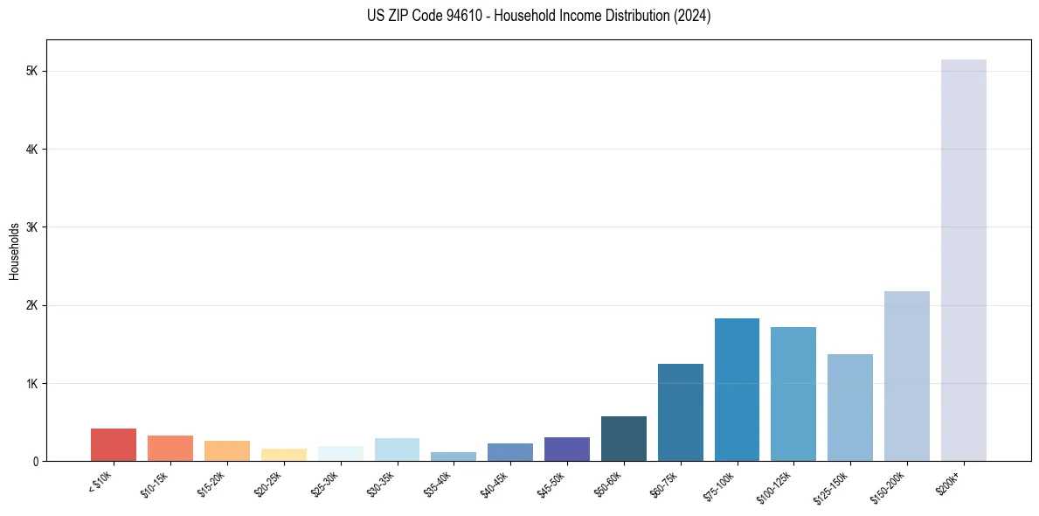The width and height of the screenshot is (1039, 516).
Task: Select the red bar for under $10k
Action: pyautogui.click(x=114, y=445)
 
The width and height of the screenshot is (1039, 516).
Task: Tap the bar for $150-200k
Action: pyautogui.click(x=906, y=376)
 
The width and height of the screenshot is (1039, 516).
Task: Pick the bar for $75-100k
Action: pyautogui.click(x=737, y=390)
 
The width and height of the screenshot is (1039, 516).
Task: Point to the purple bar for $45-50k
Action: pyautogui.click(x=566, y=450)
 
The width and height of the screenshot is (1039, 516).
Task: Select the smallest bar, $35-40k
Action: pyautogui.click(x=454, y=457)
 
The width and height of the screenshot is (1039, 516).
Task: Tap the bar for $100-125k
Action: pyautogui.click(x=793, y=394)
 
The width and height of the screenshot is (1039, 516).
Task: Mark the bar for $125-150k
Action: pyautogui.click(x=850, y=408)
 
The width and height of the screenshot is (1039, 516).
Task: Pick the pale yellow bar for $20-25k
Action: pyautogui.click(x=283, y=455)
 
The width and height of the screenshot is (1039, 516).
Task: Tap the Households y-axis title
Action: pyautogui.click(x=14, y=251)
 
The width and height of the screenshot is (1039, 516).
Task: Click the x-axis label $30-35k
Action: pyautogui.click(x=381, y=482)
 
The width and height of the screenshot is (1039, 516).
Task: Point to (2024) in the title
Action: pyautogui.click(x=693, y=16)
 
